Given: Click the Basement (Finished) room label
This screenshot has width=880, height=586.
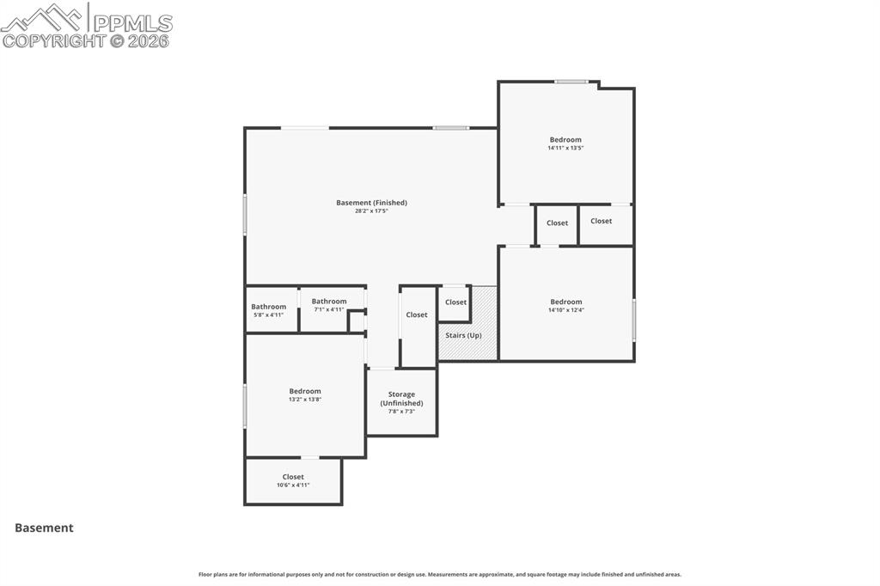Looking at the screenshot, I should click(x=371, y=203).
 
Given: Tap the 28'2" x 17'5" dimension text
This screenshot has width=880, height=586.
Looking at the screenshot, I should click(x=371, y=211).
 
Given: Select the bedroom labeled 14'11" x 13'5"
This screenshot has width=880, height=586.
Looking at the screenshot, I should click(x=565, y=143).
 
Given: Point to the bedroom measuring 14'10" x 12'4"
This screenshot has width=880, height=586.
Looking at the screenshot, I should click(x=565, y=306).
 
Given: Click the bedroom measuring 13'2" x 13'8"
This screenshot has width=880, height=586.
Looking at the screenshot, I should click(x=304, y=395).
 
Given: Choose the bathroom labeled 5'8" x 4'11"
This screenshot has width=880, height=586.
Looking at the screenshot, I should click(x=268, y=310).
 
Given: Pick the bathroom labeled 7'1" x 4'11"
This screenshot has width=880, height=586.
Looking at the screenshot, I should click(x=329, y=305).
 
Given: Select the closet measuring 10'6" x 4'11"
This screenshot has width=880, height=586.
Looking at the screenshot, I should click(x=293, y=481).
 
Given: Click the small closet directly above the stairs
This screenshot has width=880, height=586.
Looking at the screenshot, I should click(x=455, y=302).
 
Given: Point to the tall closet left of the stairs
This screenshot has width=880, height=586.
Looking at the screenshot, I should click(x=417, y=315).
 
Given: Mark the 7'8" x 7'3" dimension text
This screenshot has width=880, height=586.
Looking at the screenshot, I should click(x=401, y=412).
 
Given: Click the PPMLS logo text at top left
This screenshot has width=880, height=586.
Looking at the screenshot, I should click(x=131, y=22).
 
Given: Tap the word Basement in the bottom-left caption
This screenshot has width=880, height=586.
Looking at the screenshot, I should click(x=44, y=528).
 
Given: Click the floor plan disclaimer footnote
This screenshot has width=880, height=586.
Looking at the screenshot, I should click(x=440, y=575).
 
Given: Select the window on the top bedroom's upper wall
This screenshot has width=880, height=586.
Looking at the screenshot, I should click(x=571, y=82).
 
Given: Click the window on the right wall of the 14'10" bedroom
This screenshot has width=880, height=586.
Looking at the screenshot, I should click(x=634, y=320).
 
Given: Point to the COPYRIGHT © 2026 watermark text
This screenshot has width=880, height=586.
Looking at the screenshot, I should click(x=86, y=40).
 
